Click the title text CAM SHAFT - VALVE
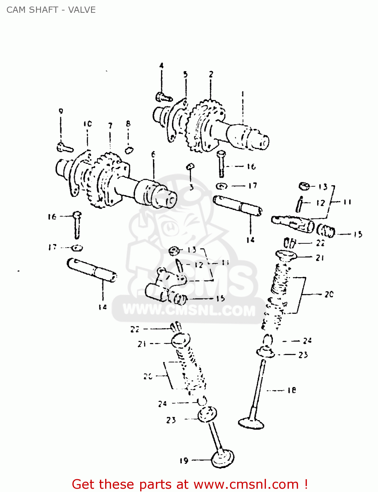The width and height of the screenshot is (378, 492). coord(51,10)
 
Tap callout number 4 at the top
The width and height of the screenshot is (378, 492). coord(161,66)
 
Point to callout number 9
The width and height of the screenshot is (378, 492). coord(61,111)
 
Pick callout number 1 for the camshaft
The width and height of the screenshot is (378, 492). coord(243,94)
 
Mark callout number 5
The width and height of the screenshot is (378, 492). coord(185,74)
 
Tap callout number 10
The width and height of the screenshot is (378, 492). coord(87,124)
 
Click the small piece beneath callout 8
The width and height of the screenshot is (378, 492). coord(129,150)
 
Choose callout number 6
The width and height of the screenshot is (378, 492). coord(153,154)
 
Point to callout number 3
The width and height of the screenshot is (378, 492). coord(191,187)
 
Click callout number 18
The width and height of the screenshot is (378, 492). coord(292,390)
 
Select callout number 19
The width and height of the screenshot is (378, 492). coord(184,461)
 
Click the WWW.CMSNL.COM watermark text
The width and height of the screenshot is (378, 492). coord(189,310)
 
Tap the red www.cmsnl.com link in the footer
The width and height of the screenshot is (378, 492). coord(246,484)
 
